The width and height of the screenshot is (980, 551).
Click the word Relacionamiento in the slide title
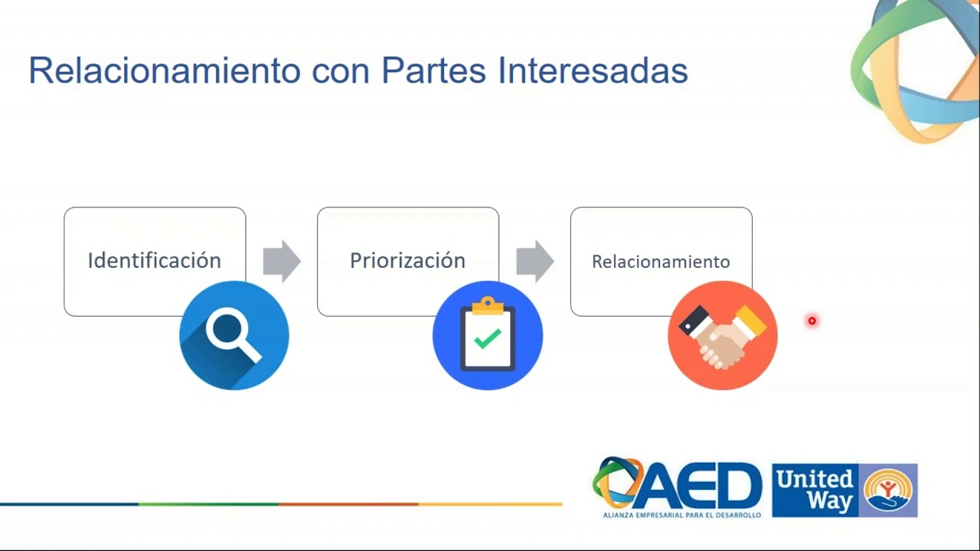click(165, 70)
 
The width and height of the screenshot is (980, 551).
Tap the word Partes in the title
click(433, 70)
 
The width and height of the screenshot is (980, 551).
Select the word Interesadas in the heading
click(593, 70)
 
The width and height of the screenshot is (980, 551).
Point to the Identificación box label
click(155, 260)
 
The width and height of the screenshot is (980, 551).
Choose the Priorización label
click(407, 260)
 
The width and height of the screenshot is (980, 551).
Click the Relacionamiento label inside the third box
click(661, 262)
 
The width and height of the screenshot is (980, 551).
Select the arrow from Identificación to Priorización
click(282, 261)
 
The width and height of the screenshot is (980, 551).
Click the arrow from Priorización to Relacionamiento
click(535, 261)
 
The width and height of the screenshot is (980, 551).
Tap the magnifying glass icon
click(234, 335)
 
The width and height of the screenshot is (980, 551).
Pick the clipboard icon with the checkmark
click(488, 335)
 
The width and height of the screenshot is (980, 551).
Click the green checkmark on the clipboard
click(488, 339)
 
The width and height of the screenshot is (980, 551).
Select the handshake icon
click(723, 335)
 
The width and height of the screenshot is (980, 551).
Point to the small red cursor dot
click(812, 321)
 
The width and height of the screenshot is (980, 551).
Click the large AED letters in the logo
click(699, 486)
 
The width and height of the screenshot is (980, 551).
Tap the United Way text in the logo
click(815, 491)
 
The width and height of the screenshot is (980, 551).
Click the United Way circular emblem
click(887, 491)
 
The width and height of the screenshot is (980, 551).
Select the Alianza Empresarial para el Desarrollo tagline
click(682, 515)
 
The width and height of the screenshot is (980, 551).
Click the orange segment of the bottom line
click(348, 504)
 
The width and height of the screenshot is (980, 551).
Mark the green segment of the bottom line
click(209, 504)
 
